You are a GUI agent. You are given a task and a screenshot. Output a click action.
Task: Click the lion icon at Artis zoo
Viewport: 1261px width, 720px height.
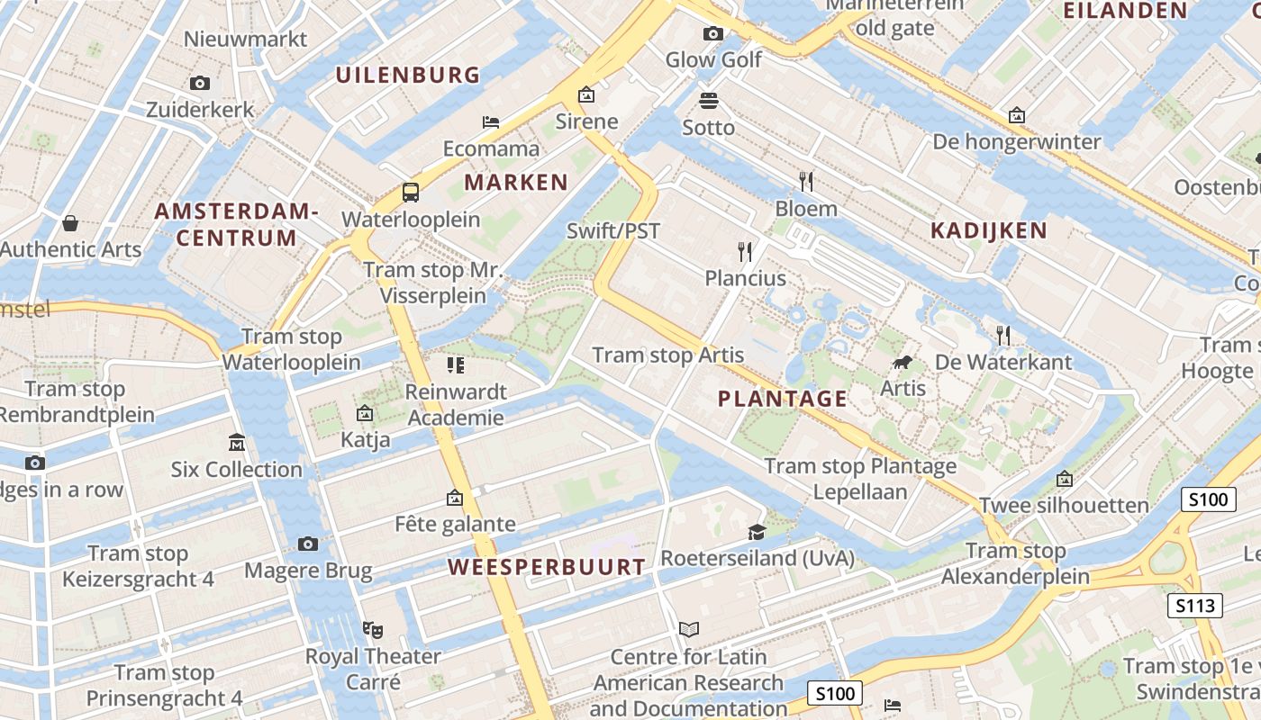[x=902, y=363]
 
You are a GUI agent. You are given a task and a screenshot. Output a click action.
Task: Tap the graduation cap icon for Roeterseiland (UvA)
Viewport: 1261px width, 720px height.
[x=757, y=533]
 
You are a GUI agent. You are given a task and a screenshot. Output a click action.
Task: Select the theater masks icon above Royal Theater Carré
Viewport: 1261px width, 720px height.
[x=372, y=629]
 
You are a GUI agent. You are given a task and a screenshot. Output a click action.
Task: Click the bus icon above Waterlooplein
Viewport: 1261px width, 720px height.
[x=411, y=192]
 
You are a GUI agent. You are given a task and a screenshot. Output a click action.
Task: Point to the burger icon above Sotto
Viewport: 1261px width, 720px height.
[x=709, y=100]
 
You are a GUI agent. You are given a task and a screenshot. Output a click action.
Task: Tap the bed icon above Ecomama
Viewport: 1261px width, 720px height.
[x=491, y=122]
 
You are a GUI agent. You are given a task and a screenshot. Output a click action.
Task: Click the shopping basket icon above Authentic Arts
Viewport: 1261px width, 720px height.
[x=70, y=222]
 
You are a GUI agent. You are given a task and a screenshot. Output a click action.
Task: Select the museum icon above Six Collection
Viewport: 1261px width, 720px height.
[x=237, y=443]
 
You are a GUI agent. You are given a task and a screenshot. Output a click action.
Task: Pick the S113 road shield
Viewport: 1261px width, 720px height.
[x=1195, y=606]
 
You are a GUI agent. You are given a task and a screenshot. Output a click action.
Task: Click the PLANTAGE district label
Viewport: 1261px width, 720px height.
[x=783, y=399]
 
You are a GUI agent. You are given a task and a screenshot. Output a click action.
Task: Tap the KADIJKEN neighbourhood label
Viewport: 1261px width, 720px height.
[x=989, y=230]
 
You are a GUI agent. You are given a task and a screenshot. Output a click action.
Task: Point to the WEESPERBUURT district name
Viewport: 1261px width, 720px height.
[x=547, y=567]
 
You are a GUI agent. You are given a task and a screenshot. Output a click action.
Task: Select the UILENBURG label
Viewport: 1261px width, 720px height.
[x=409, y=75]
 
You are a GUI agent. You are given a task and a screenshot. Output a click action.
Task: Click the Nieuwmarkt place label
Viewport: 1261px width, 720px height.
[x=245, y=39]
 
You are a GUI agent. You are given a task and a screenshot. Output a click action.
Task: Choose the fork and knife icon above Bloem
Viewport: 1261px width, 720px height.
[x=806, y=182]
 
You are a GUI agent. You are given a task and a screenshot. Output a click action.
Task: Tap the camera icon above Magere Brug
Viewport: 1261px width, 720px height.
[x=308, y=544]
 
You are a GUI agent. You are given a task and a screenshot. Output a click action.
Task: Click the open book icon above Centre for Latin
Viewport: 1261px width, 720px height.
[x=688, y=629]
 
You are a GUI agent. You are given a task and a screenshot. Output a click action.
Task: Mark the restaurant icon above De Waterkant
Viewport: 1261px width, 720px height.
[x=1003, y=336]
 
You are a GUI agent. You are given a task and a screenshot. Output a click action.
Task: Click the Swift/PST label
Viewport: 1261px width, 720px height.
[x=613, y=230]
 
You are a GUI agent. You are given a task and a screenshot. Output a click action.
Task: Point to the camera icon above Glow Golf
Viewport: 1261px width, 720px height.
[x=713, y=34]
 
